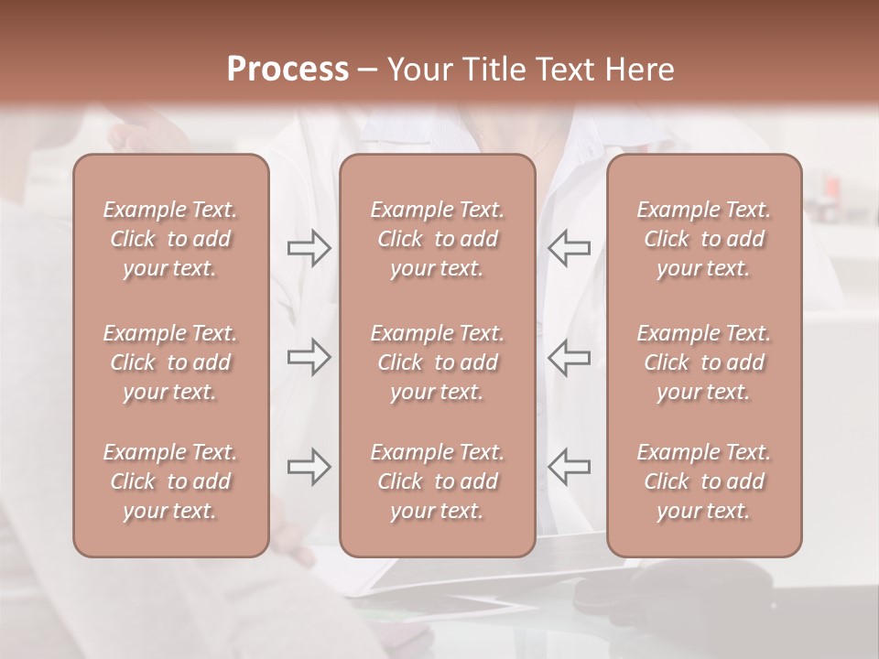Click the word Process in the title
pyautogui.click(x=288, y=70)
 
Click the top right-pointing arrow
pyautogui.click(x=309, y=248)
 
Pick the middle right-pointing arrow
pyautogui.click(x=309, y=357)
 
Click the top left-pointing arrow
pyautogui.click(x=569, y=248)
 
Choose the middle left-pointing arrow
pyautogui.click(x=569, y=357)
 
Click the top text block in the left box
pyautogui.click(x=170, y=239)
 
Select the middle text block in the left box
pyautogui.click(x=170, y=362)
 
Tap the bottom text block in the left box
pyautogui.click(x=170, y=481)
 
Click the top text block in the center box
pyautogui.click(x=437, y=239)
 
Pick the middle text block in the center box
pyautogui.click(x=437, y=362)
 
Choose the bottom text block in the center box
pyautogui.click(x=437, y=481)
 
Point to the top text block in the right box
pyautogui.click(x=703, y=239)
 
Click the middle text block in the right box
pyautogui.click(x=703, y=362)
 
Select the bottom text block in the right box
pyautogui.click(x=703, y=481)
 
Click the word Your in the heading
pyautogui.click(x=418, y=70)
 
